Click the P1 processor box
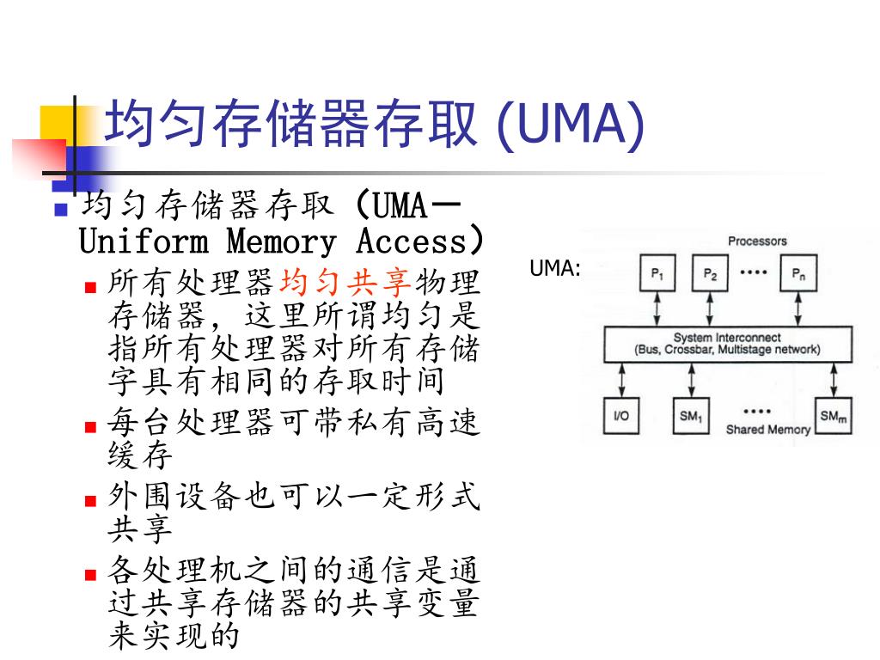click(x=657, y=274)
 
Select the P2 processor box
click(x=709, y=274)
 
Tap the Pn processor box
click(x=798, y=274)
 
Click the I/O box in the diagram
click(x=620, y=416)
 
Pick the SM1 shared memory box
click(x=691, y=416)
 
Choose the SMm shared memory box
click(x=833, y=416)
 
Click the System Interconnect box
click(x=728, y=344)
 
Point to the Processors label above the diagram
click(x=757, y=241)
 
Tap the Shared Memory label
click(x=767, y=429)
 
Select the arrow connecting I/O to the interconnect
click(x=620, y=379)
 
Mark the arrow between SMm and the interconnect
click(x=833, y=379)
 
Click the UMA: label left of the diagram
click(x=555, y=268)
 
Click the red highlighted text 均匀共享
click(x=347, y=282)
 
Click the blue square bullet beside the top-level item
click(x=61, y=209)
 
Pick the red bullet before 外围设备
click(x=90, y=500)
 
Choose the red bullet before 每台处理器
click(x=90, y=426)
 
